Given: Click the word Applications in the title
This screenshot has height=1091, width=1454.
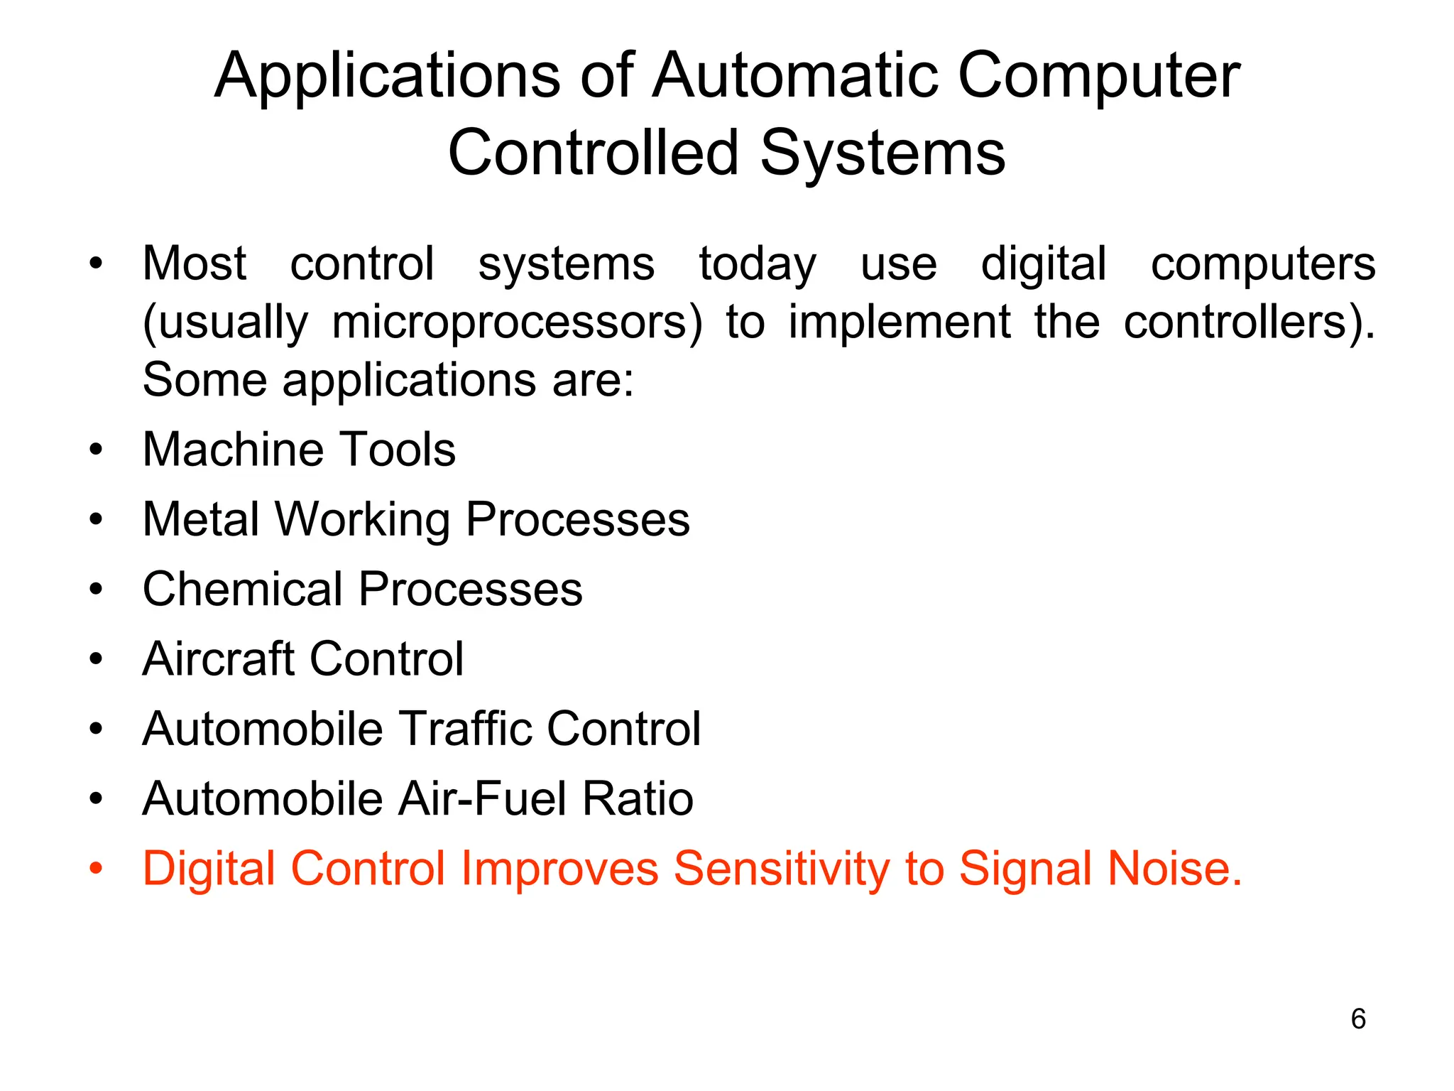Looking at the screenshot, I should click(388, 77).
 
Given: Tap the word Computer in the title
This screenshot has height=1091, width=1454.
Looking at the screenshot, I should click(1098, 77).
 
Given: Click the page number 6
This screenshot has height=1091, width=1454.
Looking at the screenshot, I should click(1358, 1019).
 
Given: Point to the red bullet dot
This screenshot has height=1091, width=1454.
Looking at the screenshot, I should click(97, 868).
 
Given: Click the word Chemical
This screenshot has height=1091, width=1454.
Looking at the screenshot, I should click(242, 589).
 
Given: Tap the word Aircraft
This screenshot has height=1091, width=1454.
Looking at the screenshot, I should click(218, 658).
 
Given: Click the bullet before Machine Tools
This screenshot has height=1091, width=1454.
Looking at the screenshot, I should click(97, 450).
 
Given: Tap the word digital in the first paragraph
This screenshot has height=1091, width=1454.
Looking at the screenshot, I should click(1043, 264).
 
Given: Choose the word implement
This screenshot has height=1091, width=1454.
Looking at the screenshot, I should click(899, 322).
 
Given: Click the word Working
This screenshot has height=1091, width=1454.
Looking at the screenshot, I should click(362, 519).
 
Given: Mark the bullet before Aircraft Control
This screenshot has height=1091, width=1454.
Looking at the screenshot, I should click(97, 658).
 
